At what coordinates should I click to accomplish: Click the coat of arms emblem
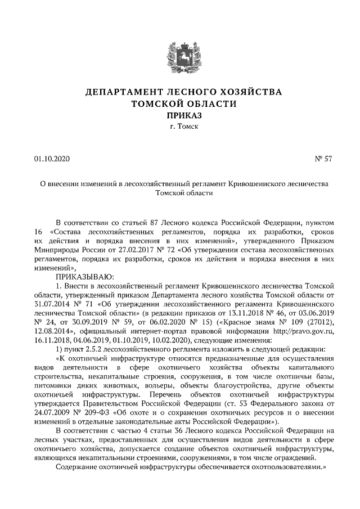(179, 57)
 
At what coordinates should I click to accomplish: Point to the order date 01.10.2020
(51, 159)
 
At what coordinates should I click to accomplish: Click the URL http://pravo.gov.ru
(303, 330)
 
